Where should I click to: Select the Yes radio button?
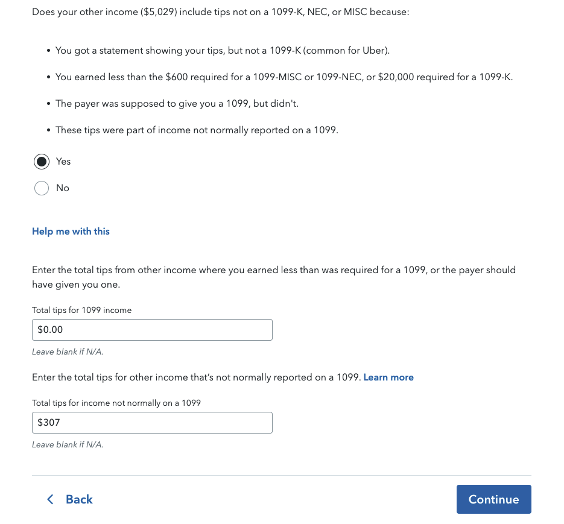[42, 162]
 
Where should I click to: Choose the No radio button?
[42, 188]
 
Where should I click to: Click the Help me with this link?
[71, 232]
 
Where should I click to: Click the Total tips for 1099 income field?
[152, 330]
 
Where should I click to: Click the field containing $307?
[152, 423]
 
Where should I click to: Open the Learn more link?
[388, 377]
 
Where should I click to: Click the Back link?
[79, 499]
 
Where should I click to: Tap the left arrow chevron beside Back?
[50, 499]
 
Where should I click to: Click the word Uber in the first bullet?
[375, 51]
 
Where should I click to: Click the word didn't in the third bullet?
[284, 104]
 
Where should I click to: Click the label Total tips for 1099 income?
[81, 310]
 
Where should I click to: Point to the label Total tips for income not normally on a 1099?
[116, 403]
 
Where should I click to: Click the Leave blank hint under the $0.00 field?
[63, 352]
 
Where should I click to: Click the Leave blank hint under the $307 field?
[68, 444]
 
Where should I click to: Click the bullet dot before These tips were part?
[48, 130]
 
